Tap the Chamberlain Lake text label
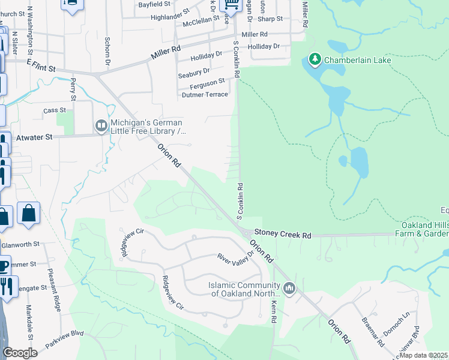(358, 60)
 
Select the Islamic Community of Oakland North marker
(290, 289)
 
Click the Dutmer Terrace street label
(204, 95)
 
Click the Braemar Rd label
(376, 332)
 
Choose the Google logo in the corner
(20, 353)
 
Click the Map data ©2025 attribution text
(423, 355)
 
